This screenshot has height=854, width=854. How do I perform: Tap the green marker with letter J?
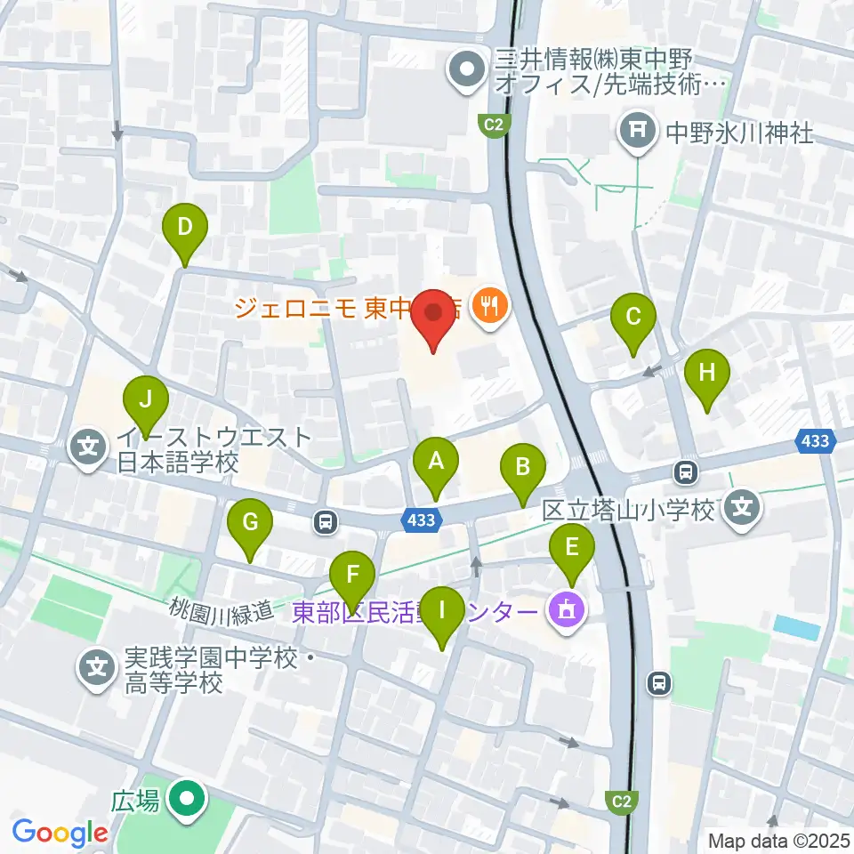147,399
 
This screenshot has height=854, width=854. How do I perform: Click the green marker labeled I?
441,612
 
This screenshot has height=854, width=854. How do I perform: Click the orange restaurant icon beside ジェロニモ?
488,308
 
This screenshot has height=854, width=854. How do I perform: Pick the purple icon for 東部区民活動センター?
568,612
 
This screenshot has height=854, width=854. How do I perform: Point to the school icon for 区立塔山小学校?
744,510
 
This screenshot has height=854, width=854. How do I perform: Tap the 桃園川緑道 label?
222,610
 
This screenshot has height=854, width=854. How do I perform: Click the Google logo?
59,833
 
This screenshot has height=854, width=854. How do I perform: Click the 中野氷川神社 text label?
740,133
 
